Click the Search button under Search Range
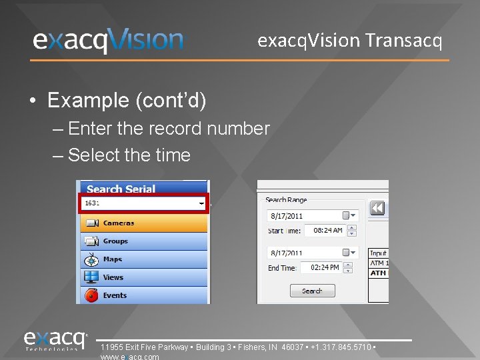[312, 291]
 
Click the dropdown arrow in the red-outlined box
[201, 203]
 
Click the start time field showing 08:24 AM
[328, 231]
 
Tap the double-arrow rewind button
[377, 209]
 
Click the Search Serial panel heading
[121, 189]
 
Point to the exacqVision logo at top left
[108, 41]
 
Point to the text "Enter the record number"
[169, 128]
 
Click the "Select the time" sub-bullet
[129, 155]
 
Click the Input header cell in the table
[379, 253]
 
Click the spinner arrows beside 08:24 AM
[352, 231]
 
